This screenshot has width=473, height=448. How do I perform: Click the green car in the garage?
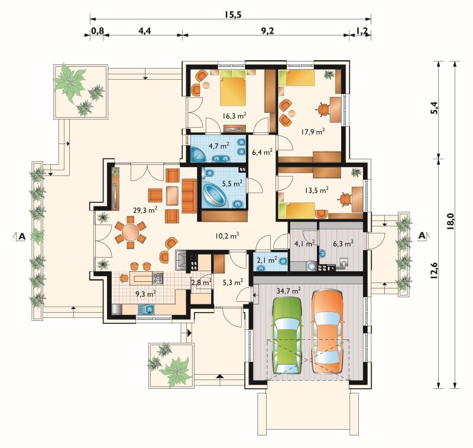tap(287, 335)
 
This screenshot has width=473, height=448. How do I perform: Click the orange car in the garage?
tap(328, 332)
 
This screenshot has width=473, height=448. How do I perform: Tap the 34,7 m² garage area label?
tap(289, 291)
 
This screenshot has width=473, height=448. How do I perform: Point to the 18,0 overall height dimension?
tap(451, 222)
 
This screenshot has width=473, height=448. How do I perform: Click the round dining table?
tap(130, 232)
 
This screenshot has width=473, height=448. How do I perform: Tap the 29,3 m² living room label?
tap(145, 210)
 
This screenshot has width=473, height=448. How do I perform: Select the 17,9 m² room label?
tap(313, 131)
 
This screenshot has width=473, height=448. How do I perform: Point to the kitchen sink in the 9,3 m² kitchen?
tap(146, 309)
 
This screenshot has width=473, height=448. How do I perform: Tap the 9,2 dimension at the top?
tap(267, 31)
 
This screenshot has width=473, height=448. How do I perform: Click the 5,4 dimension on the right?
tap(434, 108)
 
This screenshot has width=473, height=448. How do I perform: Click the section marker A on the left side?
tap(22, 236)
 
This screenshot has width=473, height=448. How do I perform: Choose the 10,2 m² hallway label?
tap(227, 236)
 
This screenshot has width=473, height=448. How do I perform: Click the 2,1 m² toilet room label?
tap(267, 259)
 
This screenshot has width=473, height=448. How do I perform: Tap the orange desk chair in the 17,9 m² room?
tap(323, 109)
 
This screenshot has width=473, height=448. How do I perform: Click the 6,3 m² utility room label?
tap(344, 244)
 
